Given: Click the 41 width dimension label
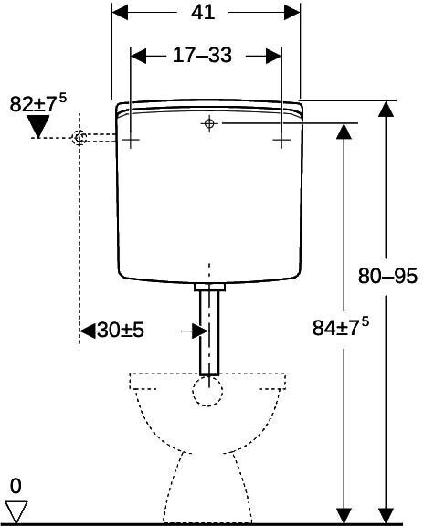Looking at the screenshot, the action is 203,13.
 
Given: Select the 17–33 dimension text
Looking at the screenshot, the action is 202,55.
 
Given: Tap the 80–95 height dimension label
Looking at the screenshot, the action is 387,277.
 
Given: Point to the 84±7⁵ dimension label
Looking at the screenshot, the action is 341,327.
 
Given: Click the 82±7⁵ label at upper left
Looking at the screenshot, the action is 38,103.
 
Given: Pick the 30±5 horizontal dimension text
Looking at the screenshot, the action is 121,330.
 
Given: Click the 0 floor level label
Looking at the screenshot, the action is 16,486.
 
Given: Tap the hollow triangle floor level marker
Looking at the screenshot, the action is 16,512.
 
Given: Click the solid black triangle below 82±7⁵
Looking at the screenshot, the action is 38,126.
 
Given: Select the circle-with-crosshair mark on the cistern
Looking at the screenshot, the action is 209,123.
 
